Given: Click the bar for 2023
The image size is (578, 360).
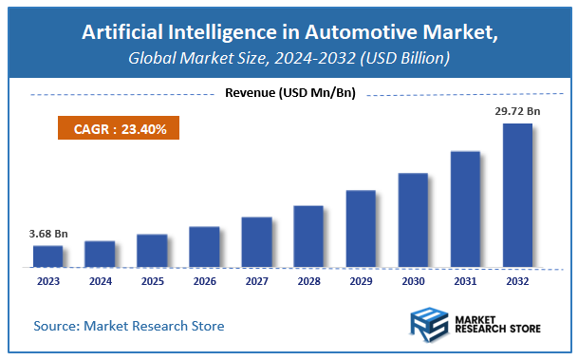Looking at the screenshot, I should coord(47,256).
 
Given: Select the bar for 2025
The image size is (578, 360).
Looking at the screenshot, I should coord(152,250).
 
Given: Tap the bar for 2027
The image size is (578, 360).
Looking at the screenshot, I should coord(256,241).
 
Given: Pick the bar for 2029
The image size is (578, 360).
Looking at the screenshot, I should coord(361,228).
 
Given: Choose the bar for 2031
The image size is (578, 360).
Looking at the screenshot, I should coord(465,209).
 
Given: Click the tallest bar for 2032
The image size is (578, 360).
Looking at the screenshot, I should coord(517,195).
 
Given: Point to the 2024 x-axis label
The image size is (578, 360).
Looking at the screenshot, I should coord(100,281).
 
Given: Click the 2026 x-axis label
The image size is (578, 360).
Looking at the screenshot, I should coord(204,281).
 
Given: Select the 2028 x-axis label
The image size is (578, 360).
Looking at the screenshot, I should coord(308,281).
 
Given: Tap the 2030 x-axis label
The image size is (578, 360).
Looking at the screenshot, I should coord(413,281).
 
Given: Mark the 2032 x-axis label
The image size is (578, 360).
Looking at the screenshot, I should coord(517,281).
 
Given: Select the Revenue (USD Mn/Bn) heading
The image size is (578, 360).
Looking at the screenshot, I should coord(289,93).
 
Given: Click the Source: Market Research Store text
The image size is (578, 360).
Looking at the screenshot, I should coord(129,326).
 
